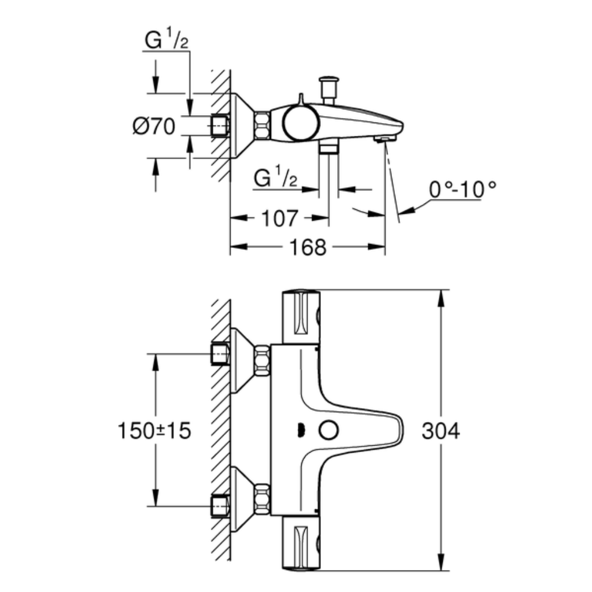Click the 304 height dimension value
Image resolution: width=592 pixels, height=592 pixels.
pyautogui.click(x=441, y=431)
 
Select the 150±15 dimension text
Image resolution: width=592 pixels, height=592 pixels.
pyautogui.click(x=154, y=430)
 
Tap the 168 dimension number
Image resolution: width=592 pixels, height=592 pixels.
pyautogui.click(x=308, y=247)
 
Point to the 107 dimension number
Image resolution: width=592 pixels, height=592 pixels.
pyautogui.click(x=279, y=219)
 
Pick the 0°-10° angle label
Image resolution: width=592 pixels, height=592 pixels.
pyautogui.click(x=462, y=189)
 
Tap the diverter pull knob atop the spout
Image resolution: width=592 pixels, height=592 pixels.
pyautogui.click(x=329, y=90)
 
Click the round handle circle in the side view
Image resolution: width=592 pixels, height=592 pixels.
pyautogui.click(x=301, y=123)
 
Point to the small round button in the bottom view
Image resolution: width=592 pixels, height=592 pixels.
pyautogui.click(x=329, y=430)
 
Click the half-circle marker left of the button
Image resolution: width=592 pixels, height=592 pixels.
pyautogui.click(x=301, y=430)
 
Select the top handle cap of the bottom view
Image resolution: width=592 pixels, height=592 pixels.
pyautogui.click(x=301, y=317)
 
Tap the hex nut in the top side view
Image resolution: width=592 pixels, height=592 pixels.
pyautogui.click(x=262, y=125)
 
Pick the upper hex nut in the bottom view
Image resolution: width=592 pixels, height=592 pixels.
pyautogui.click(x=262, y=361)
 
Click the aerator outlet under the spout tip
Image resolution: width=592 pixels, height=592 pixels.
pyautogui.click(x=385, y=139)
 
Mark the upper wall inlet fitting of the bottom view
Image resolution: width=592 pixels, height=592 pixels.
pyautogui.click(x=220, y=354)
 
